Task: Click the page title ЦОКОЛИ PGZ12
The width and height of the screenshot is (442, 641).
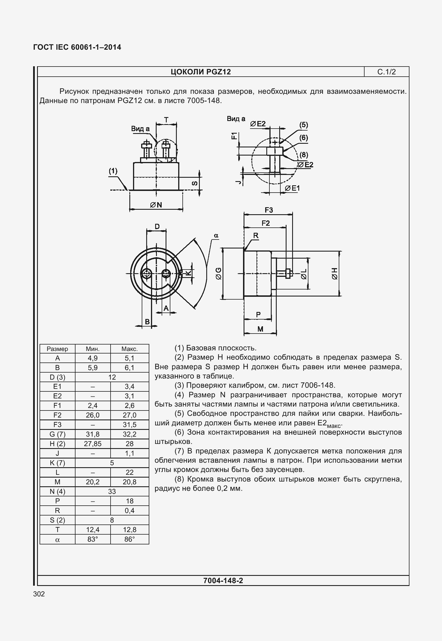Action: [x=201, y=72]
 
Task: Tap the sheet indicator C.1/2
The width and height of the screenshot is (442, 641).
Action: [x=386, y=72]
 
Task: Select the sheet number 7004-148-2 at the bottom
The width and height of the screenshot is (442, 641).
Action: [x=223, y=580]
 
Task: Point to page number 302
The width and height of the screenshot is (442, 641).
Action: [x=39, y=594]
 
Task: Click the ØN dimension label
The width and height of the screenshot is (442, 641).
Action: [x=156, y=205]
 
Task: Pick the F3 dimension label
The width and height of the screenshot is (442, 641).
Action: [x=269, y=210]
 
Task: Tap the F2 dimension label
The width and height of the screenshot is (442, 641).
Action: [x=265, y=223]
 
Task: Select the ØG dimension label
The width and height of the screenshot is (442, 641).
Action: [x=218, y=273]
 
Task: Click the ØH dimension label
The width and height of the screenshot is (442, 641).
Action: [x=335, y=273]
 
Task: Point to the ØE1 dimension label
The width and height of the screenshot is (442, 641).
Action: [x=292, y=188]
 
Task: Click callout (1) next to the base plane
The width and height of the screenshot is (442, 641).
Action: [x=113, y=171]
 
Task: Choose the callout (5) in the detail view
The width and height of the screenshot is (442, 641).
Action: [x=304, y=125]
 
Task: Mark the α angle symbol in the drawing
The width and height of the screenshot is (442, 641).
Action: [x=216, y=236]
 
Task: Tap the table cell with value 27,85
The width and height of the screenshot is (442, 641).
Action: [x=93, y=444]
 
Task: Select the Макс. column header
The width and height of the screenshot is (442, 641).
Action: [x=129, y=349]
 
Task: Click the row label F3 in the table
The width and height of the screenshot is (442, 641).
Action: [x=57, y=425]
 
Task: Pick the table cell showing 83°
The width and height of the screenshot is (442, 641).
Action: [x=93, y=539]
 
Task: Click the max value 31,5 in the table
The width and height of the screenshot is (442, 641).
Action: [x=129, y=425]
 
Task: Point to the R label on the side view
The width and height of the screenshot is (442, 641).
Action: [x=256, y=236]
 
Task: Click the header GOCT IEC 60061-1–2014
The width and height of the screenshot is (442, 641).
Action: [x=77, y=47]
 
